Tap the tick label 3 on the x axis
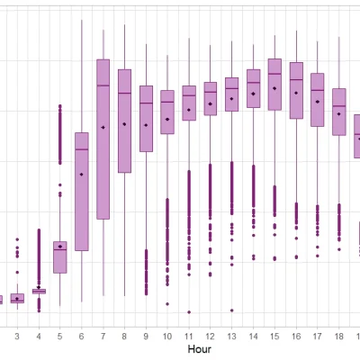[17, 335]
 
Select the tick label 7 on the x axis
[103, 335]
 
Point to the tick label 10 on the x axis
[167, 335]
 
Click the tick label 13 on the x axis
[231, 335]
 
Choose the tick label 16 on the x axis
[296, 335]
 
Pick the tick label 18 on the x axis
[338, 335]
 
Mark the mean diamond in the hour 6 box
[82, 174]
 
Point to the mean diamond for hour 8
[124, 123]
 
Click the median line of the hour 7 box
[103, 85]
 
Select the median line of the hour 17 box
[318, 89]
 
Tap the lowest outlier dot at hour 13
[231, 310]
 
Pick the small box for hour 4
[39, 291]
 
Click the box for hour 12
[210, 99]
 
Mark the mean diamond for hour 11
[189, 110]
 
